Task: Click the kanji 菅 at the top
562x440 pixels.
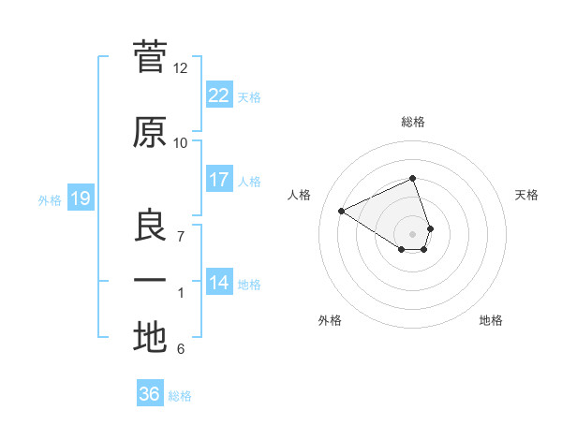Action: click(x=150, y=58)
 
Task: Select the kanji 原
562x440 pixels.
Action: click(x=150, y=132)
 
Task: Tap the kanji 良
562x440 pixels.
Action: click(x=150, y=226)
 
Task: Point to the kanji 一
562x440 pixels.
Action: click(x=150, y=281)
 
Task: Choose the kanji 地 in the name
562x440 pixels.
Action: click(x=150, y=337)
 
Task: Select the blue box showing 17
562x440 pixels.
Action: click(x=218, y=179)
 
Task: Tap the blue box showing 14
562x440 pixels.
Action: click(x=218, y=282)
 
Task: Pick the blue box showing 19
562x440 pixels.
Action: click(x=80, y=198)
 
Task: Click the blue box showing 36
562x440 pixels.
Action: click(x=150, y=393)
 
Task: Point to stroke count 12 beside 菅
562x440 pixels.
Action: click(x=181, y=68)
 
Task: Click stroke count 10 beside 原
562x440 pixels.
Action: click(x=181, y=142)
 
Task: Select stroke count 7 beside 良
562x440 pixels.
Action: click(x=181, y=236)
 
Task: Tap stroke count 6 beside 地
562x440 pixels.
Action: click(x=181, y=349)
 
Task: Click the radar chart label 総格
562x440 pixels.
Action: click(x=413, y=122)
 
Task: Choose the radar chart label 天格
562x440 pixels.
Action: click(x=527, y=195)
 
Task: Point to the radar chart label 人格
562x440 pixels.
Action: click(x=300, y=195)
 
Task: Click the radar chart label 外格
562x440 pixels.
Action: click(x=330, y=320)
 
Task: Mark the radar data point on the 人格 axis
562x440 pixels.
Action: click(x=342, y=211)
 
